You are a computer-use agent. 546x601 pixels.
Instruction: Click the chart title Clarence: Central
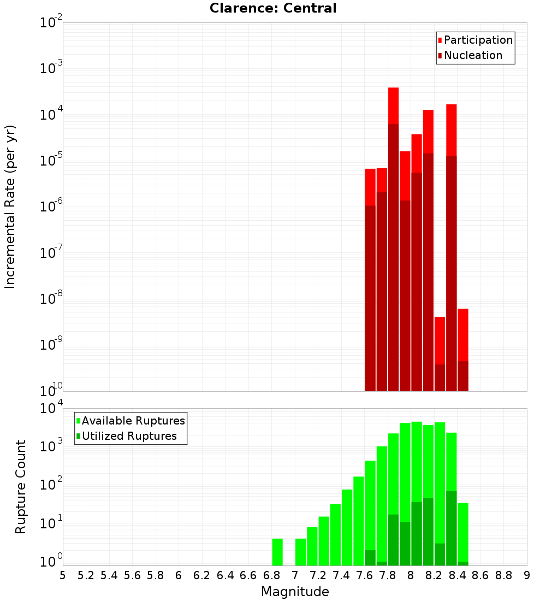[273, 8]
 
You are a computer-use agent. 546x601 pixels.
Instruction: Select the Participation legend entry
[478, 40]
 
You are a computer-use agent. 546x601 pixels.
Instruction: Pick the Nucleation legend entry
[472, 55]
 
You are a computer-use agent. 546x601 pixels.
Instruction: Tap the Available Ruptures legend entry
[133, 421]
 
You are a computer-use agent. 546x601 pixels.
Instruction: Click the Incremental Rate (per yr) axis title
[10, 207]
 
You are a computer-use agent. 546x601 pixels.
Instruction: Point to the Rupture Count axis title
[21, 487]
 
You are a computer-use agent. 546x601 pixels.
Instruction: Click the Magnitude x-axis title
[295, 592]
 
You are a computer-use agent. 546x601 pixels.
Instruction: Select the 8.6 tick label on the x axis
[480, 575]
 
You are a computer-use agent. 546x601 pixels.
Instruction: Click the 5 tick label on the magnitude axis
[63, 575]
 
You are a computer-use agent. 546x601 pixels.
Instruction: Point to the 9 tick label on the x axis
[527, 575]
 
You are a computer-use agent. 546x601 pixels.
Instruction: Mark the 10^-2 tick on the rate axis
[51, 23]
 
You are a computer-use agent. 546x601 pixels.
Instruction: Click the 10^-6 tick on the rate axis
[51, 207]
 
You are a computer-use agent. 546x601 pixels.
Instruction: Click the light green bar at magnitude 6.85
[277, 552]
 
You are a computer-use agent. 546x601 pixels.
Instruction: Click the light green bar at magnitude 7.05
[300, 552]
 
